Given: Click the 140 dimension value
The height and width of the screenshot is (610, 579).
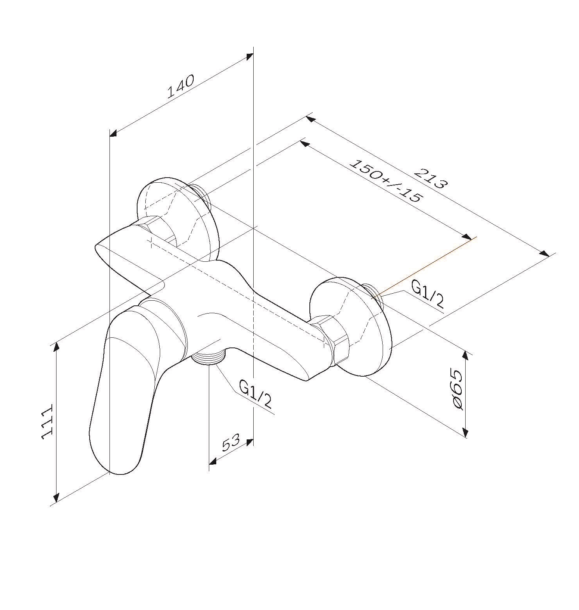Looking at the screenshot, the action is click(180, 86).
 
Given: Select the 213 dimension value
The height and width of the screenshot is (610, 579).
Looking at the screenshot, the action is click(431, 178).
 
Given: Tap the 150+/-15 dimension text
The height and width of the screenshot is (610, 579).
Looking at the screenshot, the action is click(386, 181).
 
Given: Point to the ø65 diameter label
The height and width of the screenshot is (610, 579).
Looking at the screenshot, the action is click(458, 389).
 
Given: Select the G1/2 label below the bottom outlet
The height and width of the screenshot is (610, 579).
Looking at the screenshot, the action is click(255, 394).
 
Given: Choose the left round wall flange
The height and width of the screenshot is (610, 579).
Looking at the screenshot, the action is click(177, 219).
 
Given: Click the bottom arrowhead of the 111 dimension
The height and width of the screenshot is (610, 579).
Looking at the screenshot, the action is click(56, 497).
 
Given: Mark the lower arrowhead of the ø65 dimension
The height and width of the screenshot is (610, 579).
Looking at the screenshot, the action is click(465, 432).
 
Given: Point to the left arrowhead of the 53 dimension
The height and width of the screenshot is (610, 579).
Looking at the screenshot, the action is click(213, 462).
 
